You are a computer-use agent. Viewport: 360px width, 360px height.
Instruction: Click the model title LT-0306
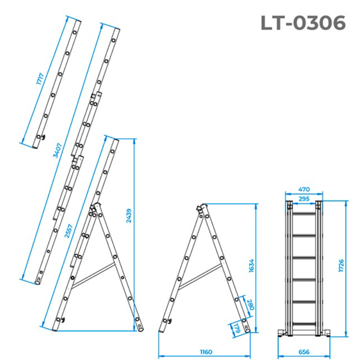pos(303,23)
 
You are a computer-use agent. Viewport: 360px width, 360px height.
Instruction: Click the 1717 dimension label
pos(40,79)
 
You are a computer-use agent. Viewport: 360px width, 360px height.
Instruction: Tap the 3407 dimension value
pos(57,150)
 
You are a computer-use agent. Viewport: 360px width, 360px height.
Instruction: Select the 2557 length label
pos(69,231)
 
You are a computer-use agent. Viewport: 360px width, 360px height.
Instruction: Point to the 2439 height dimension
pos(129,216)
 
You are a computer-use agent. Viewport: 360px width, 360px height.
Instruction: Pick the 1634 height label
pos(251,266)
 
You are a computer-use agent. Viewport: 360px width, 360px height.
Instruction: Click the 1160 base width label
pos(206,352)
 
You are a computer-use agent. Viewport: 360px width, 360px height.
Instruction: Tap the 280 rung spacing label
pos(250,305)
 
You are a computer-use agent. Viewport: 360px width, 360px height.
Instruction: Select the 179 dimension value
pos(238,329)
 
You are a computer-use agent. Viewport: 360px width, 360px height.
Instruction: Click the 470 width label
pos(304,189)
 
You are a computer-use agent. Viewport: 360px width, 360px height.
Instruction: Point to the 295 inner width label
pos(304,199)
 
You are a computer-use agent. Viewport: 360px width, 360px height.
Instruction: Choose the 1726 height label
pos(341,266)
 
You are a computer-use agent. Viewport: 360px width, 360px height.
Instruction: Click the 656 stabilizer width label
pos(304,352)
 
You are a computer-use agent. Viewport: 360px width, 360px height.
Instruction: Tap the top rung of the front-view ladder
pos(304,214)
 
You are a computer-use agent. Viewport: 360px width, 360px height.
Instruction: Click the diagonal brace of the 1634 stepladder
pos(200,277)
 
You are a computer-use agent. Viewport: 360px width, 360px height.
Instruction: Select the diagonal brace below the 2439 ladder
pos(93,275)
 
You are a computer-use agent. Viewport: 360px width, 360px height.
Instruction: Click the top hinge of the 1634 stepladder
pos(201,207)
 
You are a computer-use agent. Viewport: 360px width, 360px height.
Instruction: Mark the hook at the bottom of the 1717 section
pos(43,138)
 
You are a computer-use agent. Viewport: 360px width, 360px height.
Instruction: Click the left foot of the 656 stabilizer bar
pos(282,333)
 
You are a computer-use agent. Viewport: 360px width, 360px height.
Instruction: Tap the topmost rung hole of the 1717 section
pos(75,33)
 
